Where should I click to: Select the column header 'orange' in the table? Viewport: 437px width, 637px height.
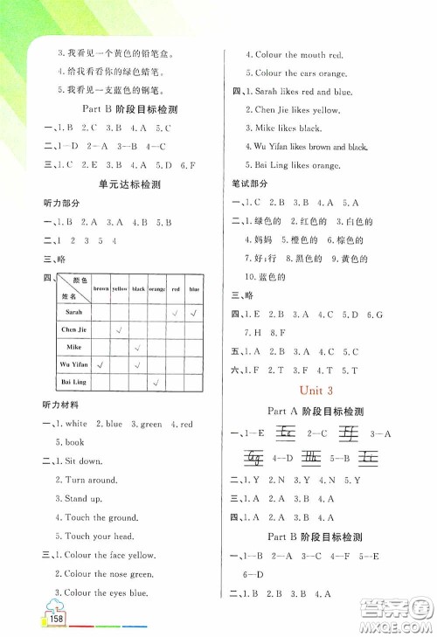click(x=156, y=287)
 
